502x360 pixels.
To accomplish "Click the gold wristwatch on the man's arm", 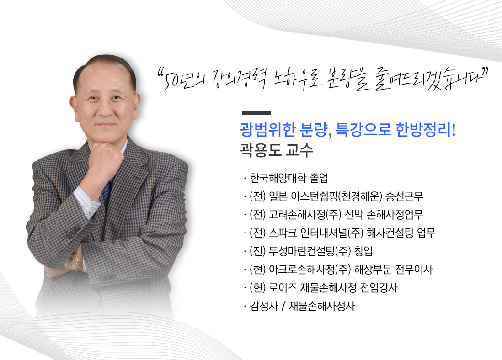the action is pos(72,262).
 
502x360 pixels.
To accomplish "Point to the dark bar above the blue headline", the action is pos(256,113).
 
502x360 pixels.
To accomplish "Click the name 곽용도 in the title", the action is pos(261,150).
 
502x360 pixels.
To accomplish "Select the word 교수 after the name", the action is pos(299,150).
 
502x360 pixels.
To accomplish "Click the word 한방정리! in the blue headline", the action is pos(426,130).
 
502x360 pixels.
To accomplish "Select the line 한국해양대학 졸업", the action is pos(289,178).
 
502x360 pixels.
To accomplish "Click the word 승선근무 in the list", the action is pos(404,196).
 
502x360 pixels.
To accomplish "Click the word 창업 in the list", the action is pos(363,251).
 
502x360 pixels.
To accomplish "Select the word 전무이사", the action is pos(414,270).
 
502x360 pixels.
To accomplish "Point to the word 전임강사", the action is pos(379,288).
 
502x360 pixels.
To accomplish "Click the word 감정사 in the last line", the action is pos(264,306).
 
